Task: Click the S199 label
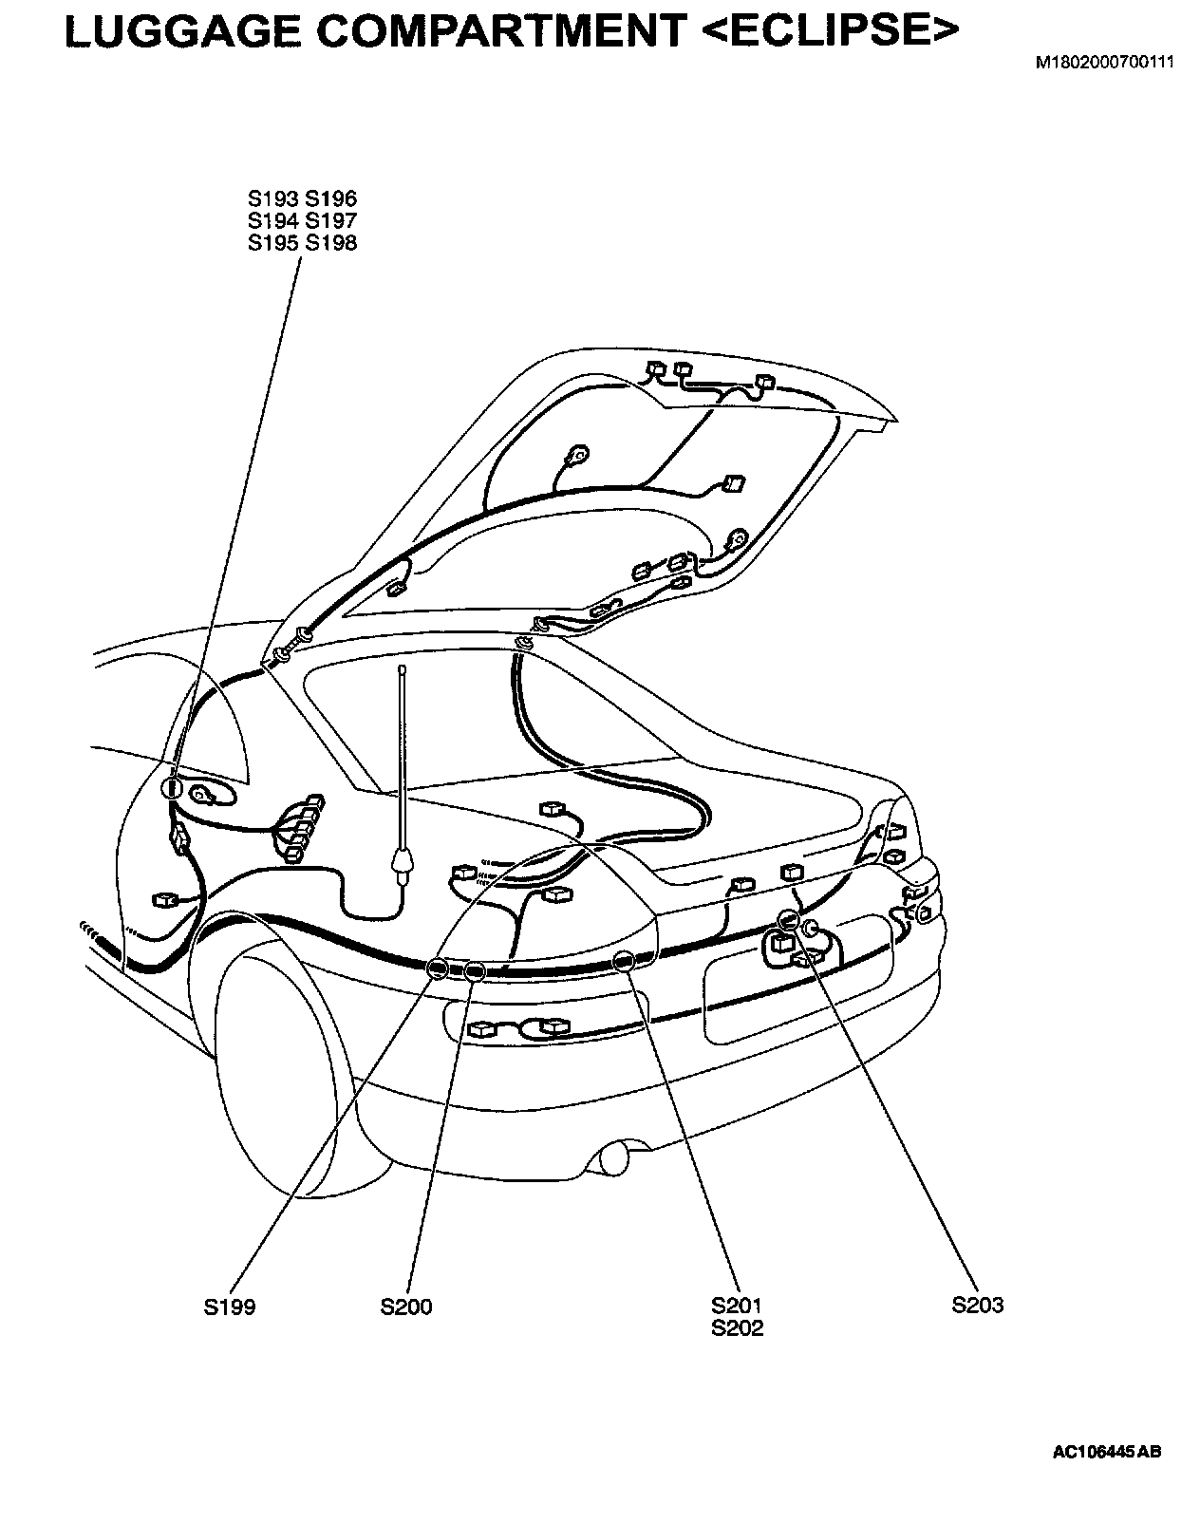click(229, 1307)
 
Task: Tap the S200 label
click(406, 1307)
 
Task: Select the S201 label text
click(737, 1307)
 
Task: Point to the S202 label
click(737, 1328)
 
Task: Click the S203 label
click(978, 1306)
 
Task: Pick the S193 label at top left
click(273, 199)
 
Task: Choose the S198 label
click(331, 243)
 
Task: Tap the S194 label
click(273, 221)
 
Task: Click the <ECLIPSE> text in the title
click(830, 32)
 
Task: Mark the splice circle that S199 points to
click(438, 968)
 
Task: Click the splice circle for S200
click(474, 970)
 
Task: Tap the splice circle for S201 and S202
click(624, 961)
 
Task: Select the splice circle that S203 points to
click(788, 919)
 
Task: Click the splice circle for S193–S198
click(173, 787)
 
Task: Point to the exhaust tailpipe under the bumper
click(611, 1157)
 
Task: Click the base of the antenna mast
click(403, 863)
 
